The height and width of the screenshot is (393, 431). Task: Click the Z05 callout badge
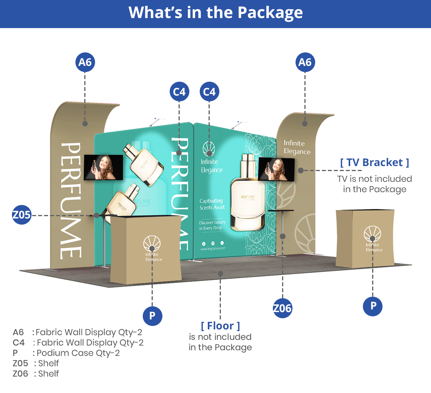tap(22, 215)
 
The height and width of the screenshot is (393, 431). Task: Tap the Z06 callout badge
tap(282, 308)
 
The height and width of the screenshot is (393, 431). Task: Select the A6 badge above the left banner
tap(85, 62)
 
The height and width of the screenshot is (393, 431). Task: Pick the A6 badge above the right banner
tap(305, 62)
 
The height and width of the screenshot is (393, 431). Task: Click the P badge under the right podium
tap(373, 306)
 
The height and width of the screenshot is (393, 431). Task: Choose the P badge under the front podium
tap(152, 316)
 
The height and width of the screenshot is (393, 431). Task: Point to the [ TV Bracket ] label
tap(374, 163)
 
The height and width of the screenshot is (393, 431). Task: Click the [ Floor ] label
tap(221, 326)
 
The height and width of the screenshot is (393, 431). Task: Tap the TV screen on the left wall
tap(104, 167)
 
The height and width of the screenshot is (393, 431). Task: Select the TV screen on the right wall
tap(276, 169)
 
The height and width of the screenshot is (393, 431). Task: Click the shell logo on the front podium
tap(152, 244)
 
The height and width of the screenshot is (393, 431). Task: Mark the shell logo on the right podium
tap(372, 234)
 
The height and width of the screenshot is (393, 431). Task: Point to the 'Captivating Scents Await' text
tap(211, 204)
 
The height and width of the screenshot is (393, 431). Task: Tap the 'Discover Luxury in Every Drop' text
tap(212, 225)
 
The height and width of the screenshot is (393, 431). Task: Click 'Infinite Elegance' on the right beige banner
tap(297, 148)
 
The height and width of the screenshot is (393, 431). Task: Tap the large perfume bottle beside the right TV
tap(248, 193)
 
